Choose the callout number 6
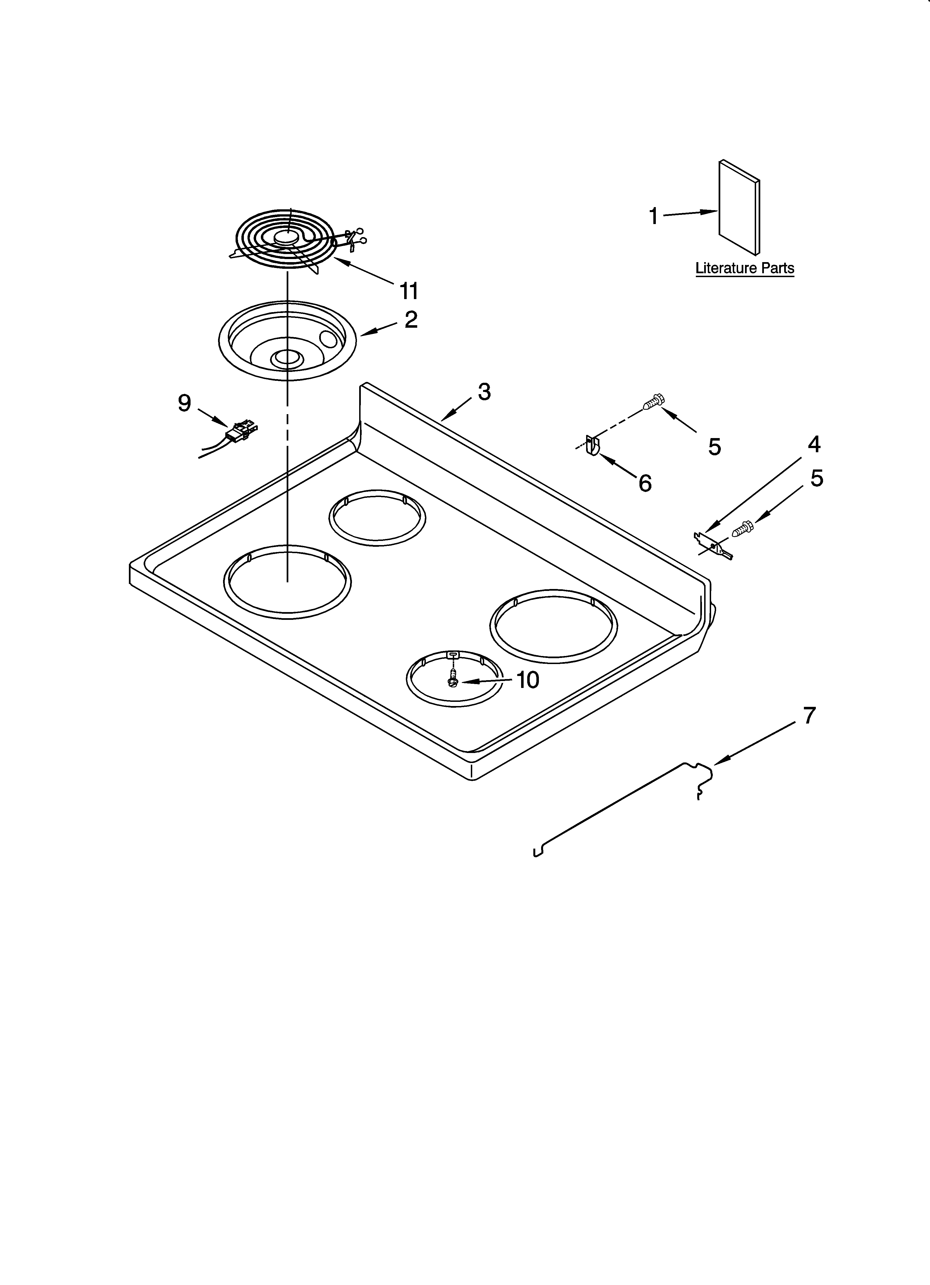[x=644, y=483]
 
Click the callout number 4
[x=814, y=444]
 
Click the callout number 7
[x=809, y=715]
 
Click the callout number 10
[x=527, y=680]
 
